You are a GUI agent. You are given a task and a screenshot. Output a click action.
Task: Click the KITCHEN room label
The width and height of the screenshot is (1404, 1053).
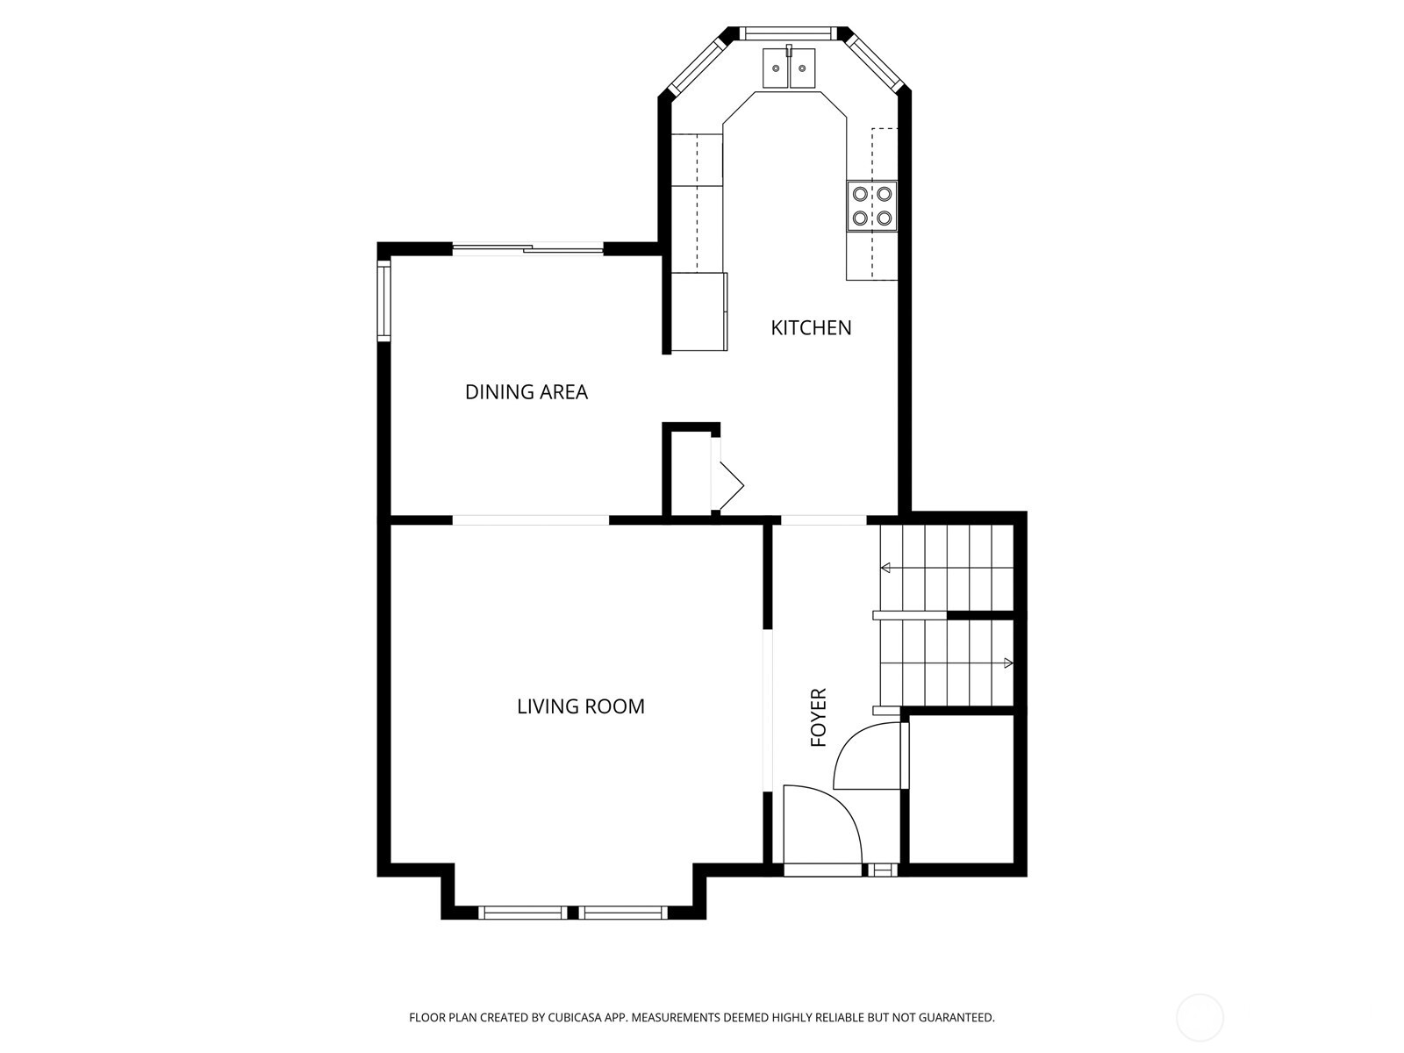[x=811, y=328]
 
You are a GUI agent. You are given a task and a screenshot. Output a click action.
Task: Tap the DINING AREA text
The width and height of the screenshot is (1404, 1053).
[x=526, y=392]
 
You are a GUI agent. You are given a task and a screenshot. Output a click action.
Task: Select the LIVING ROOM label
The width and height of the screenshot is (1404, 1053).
[x=580, y=706]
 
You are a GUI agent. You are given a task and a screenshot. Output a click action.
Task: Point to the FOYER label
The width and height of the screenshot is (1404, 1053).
[x=819, y=717]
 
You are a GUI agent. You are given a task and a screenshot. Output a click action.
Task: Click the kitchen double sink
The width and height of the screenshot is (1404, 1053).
[x=789, y=68]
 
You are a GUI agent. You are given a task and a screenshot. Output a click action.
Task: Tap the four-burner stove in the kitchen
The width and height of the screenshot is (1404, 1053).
[x=872, y=206]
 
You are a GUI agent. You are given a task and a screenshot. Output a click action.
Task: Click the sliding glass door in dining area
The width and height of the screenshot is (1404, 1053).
[x=527, y=249]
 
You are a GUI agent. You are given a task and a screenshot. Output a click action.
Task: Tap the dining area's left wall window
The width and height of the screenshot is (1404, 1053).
[x=383, y=300]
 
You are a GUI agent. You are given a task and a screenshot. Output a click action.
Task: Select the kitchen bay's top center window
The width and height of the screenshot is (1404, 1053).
[x=788, y=33]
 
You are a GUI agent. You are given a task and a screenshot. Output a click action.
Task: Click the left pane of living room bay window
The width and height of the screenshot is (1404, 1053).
[x=523, y=913]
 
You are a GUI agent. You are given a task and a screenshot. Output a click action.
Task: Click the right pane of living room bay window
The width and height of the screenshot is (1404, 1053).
[x=623, y=913]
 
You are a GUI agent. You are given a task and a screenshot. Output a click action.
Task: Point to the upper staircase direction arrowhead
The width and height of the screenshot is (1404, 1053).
[x=886, y=568]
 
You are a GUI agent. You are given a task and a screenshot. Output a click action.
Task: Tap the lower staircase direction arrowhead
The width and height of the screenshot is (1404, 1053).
[x=1008, y=663]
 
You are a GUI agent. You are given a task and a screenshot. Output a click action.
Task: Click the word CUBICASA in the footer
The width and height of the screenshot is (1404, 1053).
[x=575, y=1017]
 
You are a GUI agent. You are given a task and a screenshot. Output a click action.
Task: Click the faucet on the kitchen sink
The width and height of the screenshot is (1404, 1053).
[x=789, y=51]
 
